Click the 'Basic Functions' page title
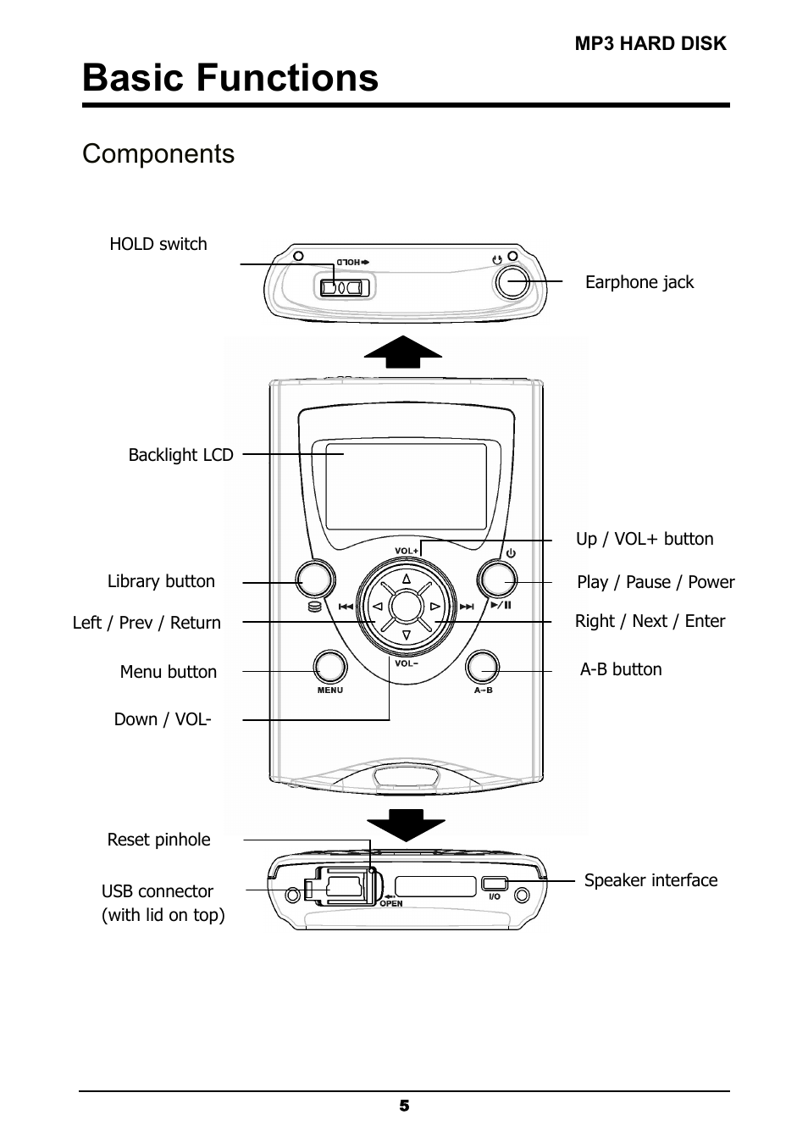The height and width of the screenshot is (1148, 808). pos(230,78)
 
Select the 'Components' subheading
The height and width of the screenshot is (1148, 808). pos(158,154)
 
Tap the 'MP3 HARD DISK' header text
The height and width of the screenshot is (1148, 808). pos(650,44)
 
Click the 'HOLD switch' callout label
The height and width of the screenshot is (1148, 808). pos(158,244)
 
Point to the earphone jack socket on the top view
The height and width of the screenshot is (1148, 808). pos(512,282)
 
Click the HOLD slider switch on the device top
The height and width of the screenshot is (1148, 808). pos(343,287)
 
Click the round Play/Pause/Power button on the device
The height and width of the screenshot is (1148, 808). pos(497,580)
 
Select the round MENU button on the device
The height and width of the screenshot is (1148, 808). pos(330,668)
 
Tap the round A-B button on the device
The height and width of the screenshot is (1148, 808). pos(482,668)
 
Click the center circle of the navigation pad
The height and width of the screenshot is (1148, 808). pos(406,607)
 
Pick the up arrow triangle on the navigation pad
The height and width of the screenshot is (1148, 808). pos(406,580)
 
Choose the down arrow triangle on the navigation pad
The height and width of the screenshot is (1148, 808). pos(406,635)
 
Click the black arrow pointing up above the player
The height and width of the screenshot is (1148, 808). pos(403,352)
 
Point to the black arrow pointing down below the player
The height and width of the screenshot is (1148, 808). pos(405,824)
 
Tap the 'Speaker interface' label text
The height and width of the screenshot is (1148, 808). pos(650,880)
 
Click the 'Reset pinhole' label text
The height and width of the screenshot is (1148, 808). pos(158,840)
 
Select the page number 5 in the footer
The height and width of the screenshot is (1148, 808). pos(404,1106)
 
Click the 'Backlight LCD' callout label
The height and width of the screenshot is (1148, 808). pos(180,455)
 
